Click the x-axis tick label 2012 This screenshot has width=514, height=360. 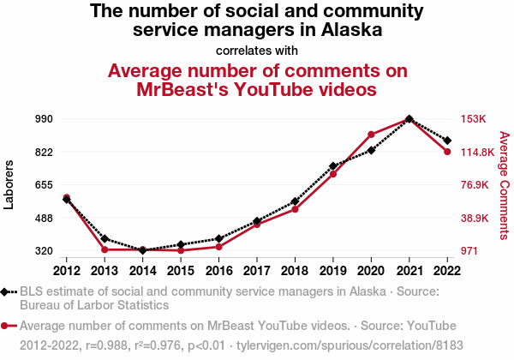tap(67, 271)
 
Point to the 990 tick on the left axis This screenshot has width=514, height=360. tap(45, 119)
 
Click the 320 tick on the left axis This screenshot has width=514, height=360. tap(45, 251)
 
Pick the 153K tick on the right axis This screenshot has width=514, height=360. tap(474, 119)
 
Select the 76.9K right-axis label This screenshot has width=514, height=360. tap(475, 185)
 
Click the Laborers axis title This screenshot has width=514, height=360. tap(9, 183)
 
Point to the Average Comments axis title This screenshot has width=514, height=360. tap(504, 185)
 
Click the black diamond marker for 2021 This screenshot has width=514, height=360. tap(409, 119)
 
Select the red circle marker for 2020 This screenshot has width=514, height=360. tap(371, 135)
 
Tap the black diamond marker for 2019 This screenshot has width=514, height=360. tap(333, 166)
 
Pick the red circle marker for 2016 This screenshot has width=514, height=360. tap(219, 247)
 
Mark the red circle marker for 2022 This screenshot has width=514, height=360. tap(447, 152)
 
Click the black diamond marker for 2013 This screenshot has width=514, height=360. tap(105, 239)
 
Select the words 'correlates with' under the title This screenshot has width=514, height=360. tap(257, 50)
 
